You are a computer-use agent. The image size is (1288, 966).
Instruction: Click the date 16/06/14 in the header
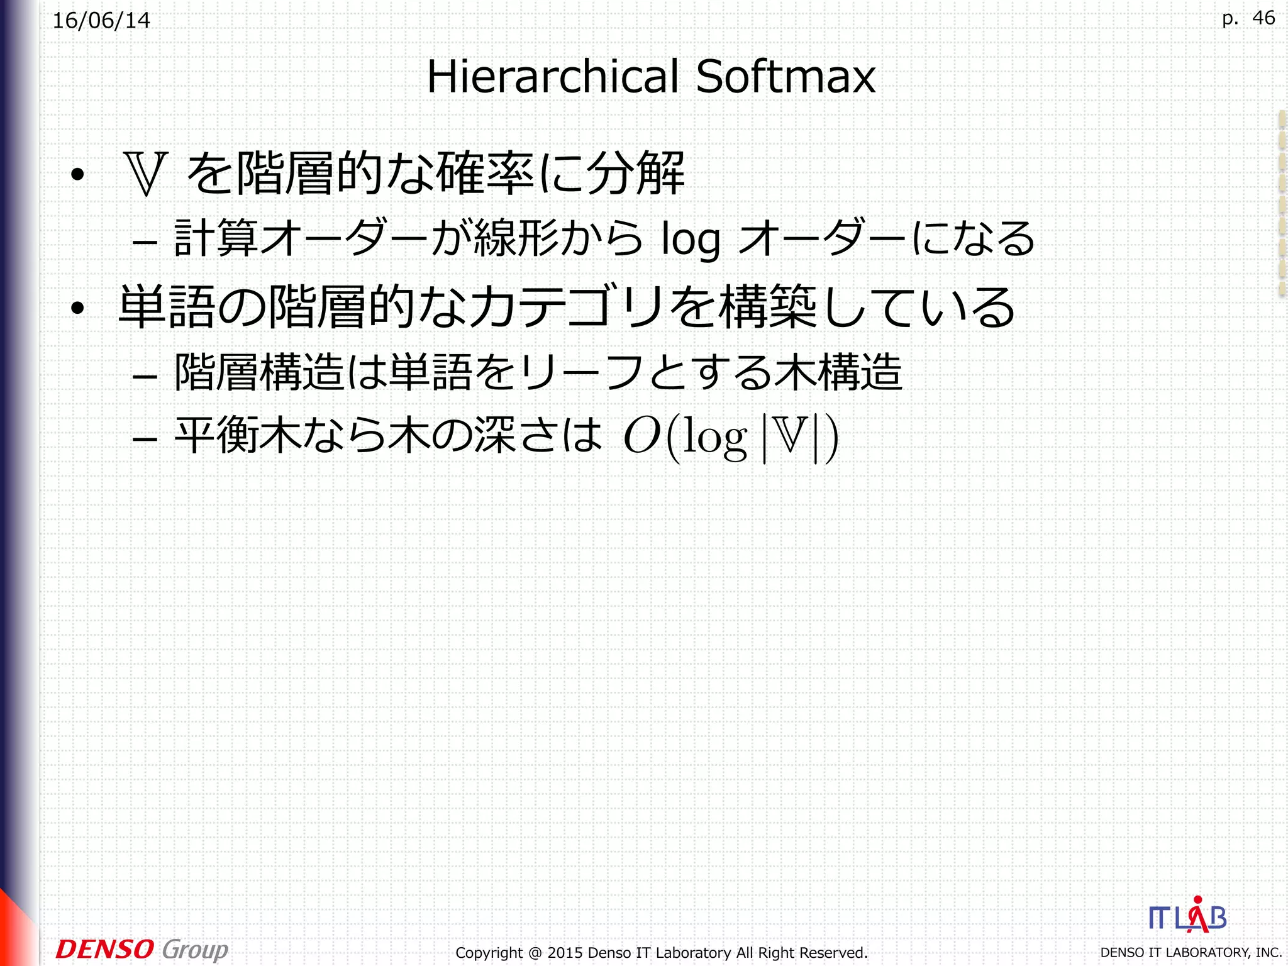pyautogui.click(x=101, y=21)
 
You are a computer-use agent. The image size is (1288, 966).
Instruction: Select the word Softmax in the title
pyautogui.click(x=786, y=77)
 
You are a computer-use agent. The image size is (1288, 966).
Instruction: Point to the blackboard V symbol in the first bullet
pyautogui.click(x=146, y=174)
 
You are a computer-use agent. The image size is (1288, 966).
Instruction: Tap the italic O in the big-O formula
pyautogui.click(x=641, y=436)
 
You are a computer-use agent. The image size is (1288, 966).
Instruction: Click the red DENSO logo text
pyautogui.click(x=104, y=949)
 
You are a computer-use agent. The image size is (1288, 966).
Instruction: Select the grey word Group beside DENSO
pyautogui.click(x=195, y=950)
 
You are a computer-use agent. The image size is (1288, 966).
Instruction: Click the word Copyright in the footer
pyautogui.click(x=489, y=953)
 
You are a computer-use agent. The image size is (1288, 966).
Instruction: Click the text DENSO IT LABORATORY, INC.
pyautogui.click(x=1191, y=953)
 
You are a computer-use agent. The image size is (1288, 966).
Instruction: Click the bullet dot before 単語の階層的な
pyautogui.click(x=77, y=308)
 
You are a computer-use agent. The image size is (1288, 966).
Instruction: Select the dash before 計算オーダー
pyautogui.click(x=145, y=242)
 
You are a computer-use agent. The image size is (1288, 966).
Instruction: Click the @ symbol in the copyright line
pyautogui.click(x=535, y=953)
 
